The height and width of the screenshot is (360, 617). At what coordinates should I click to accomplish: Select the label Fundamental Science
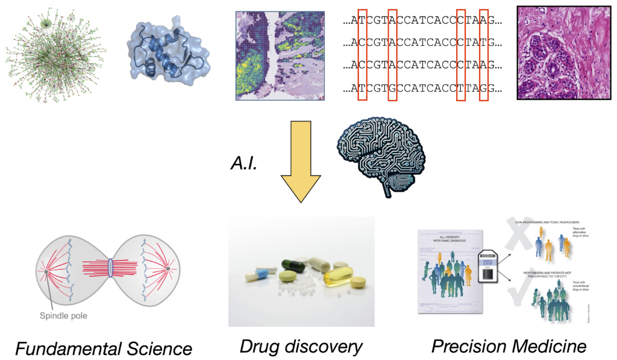click(x=104, y=348)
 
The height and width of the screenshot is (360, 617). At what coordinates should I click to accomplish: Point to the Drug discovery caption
click(x=301, y=346)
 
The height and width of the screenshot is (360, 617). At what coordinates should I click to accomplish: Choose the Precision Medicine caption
click(x=509, y=346)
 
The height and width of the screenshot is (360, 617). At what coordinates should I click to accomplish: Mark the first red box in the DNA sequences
click(x=362, y=53)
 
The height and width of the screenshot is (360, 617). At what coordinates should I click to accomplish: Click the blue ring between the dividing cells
click(x=111, y=267)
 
